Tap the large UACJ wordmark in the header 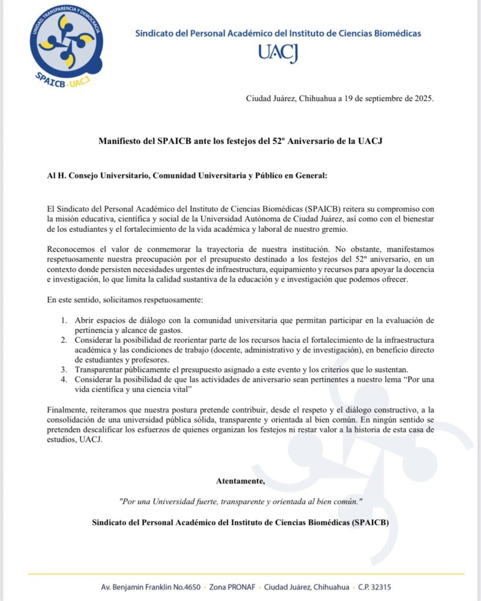278,53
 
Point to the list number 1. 64,320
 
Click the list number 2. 64,340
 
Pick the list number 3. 64,370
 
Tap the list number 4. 64,380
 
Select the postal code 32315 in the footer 379,587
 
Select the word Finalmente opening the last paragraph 68,408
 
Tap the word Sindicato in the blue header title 154,33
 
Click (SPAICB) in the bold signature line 371,522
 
